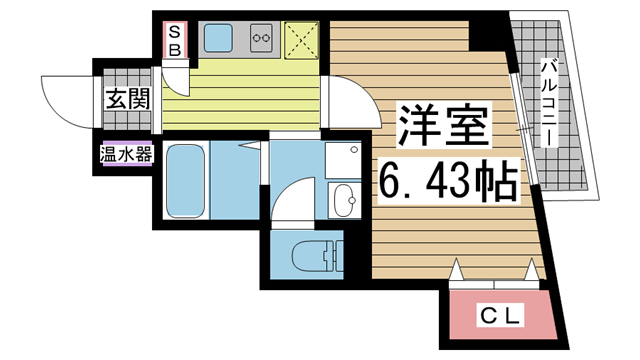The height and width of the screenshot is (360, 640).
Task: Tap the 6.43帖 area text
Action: (x=446, y=180)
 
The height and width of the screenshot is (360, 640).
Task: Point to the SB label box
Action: (x=173, y=38)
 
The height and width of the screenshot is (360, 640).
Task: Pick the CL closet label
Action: (x=498, y=317)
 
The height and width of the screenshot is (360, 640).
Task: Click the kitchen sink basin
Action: (x=218, y=39)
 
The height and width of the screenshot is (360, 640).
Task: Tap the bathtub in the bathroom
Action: (x=187, y=180)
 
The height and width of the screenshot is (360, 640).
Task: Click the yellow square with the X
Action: (x=302, y=39)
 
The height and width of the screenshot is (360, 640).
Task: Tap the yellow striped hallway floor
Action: (x=250, y=95)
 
